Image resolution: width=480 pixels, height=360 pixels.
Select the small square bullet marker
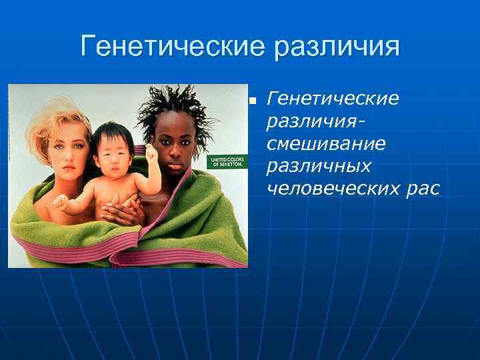253,101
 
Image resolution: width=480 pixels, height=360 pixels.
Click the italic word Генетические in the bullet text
333,99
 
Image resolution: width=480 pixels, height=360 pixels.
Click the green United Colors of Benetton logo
227,163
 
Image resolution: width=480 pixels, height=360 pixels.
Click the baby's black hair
110,133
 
